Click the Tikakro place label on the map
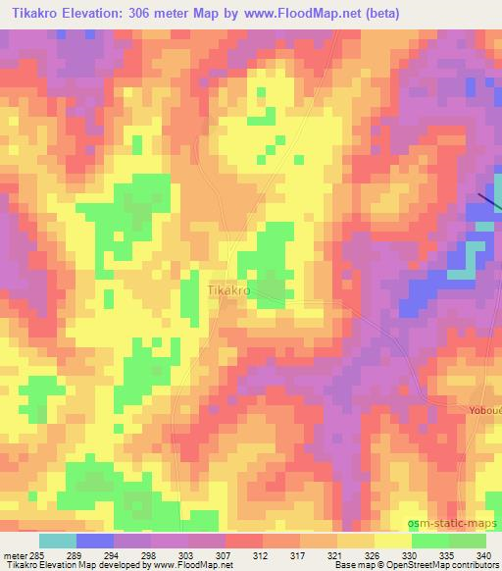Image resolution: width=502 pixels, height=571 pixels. pos(230,291)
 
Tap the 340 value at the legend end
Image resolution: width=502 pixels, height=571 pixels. pos(484,554)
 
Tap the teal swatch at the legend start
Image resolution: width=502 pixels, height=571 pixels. pos(57,541)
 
